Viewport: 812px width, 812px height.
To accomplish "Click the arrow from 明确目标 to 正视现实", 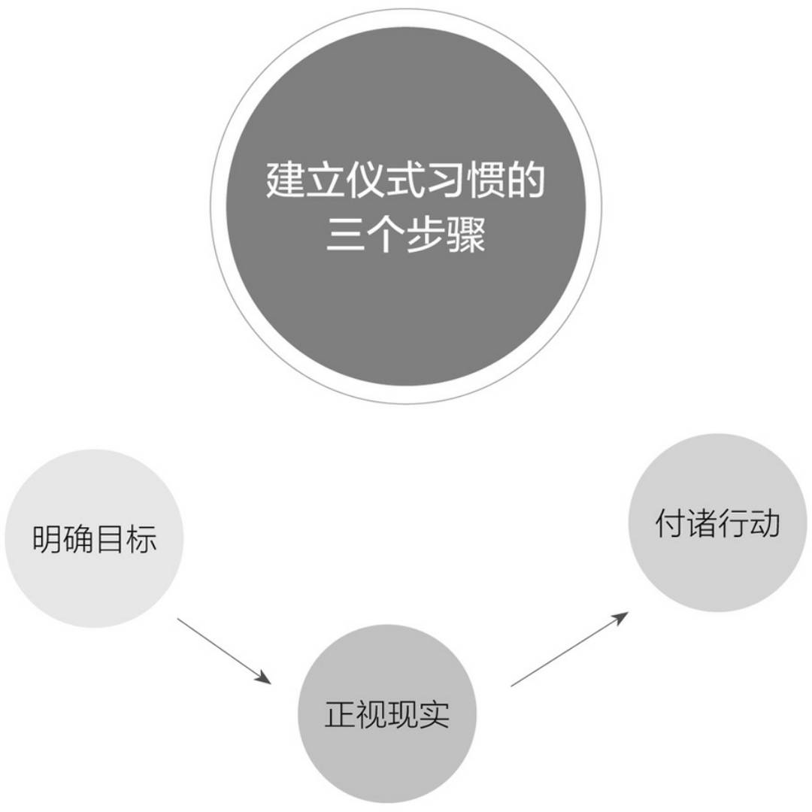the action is [x=223, y=651].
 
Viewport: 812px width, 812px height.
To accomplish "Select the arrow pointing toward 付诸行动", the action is [x=569, y=649].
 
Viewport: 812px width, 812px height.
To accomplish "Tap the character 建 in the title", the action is [x=285, y=180].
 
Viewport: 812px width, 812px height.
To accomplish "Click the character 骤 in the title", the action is [x=467, y=235].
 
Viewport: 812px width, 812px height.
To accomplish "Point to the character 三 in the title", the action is [x=345, y=235].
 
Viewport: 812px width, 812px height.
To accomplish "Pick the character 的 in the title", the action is [x=526, y=180].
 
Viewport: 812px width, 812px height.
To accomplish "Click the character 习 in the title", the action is [x=446, y=180].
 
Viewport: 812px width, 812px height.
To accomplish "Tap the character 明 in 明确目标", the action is [x=48, y=540].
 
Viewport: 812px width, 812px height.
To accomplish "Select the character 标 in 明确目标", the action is [x=141, y=540].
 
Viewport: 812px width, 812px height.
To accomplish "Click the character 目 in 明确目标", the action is [x=111, y=540].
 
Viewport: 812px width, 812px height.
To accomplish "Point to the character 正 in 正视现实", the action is [x=341, y=714].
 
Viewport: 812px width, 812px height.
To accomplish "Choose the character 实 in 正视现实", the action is [x=434, y=714].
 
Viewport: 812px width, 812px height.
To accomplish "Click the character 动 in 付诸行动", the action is [x=764, y=523].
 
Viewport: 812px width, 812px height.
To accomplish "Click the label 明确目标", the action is [x=95, y=540].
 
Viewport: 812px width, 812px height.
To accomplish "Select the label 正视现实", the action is [x=387, y=714].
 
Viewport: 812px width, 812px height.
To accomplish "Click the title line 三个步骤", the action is [x=406, y=235].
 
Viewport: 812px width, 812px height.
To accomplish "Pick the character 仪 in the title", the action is [x=365, y=180].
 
